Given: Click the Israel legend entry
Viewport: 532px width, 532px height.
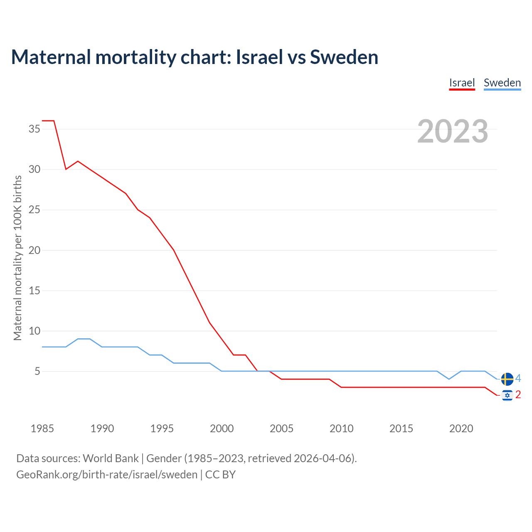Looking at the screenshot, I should point(462,83).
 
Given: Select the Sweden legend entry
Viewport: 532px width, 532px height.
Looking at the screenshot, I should point(502,83).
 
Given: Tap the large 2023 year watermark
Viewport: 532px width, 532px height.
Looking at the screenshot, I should point(453,131).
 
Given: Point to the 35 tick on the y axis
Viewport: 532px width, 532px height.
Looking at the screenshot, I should point(34,129).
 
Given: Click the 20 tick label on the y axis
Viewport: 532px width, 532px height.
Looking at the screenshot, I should point(34,250).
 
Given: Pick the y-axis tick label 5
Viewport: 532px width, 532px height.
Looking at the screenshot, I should point(37,371).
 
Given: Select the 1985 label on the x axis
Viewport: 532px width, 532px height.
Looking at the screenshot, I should point(42,429).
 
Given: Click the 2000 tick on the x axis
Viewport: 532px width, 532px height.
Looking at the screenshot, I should point(222,429).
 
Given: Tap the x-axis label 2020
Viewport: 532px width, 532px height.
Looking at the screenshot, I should point(461,429).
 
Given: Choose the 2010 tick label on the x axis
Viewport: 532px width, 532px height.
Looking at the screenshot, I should point(341,429).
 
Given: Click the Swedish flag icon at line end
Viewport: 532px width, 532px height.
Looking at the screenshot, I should point(507,379).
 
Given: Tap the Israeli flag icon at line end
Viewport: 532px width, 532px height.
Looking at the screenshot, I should point(507,395).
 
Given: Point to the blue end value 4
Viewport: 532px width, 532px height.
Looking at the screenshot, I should point(518,379).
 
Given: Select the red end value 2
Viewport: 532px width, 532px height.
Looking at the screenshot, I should point(518,395).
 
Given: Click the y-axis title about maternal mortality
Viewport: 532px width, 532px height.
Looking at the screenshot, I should point(17,258).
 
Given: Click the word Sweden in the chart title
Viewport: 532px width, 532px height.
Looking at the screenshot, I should point(344,57).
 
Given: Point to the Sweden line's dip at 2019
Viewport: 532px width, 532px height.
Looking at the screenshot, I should point(449,379).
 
